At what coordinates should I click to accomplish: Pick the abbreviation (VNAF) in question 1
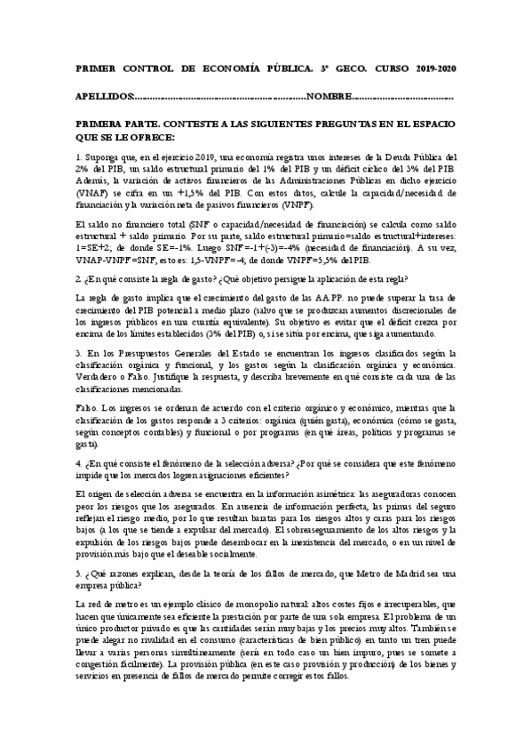coord(93,192)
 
